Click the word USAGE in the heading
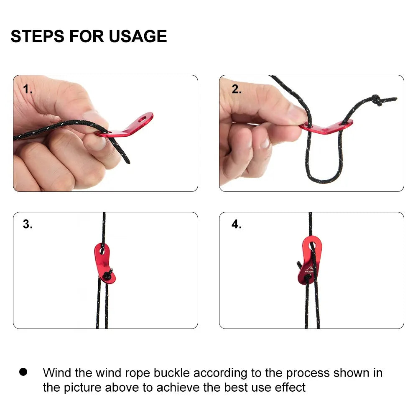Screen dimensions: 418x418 coord(138,36)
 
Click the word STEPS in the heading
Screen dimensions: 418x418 coord(38,36)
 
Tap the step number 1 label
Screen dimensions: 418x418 coord(28,89)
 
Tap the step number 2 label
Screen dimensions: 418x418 coord(237,89)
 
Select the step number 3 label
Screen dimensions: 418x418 coord(28,224)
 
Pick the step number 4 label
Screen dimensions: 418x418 coord(237,224)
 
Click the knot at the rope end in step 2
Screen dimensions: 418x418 coord(377,100)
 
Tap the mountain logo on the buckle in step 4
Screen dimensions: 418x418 coord(309,269)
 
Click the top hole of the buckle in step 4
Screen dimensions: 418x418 coord(312,245)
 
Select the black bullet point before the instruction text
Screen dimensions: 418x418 coord(23,372)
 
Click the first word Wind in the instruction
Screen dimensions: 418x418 coord(57,373)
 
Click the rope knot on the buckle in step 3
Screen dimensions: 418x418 coord(108,274)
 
